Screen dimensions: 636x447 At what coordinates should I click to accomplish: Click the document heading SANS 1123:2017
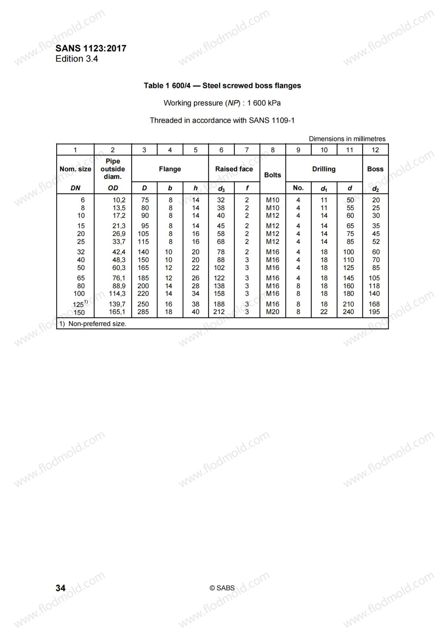91,48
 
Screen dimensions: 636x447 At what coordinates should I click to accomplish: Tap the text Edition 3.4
77,59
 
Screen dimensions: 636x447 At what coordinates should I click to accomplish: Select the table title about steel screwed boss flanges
222,86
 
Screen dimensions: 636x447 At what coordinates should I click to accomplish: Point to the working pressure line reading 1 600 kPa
222,103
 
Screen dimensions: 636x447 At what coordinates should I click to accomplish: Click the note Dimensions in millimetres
347,139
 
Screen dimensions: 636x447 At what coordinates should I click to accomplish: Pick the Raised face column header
234,169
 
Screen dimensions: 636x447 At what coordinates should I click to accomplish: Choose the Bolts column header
273,175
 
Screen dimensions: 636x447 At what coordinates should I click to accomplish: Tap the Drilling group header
324,169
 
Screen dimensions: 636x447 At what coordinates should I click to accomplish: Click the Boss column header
375,169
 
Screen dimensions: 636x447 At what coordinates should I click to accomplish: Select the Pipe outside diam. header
113,169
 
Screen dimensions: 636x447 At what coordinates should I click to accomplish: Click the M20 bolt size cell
273,312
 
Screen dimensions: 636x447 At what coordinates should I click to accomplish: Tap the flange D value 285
143,312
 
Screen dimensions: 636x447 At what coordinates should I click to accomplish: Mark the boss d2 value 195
374,312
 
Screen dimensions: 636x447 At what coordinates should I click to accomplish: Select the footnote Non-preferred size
93,324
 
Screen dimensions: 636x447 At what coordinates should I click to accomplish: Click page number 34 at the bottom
61,588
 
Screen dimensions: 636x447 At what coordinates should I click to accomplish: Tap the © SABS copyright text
222,588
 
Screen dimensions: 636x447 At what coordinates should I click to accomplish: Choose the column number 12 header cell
375,150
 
